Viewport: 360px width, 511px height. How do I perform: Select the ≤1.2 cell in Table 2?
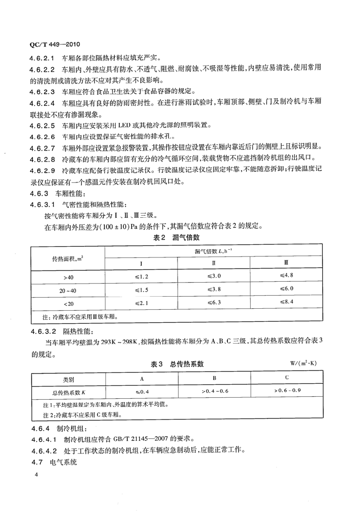click(x=141, y=276)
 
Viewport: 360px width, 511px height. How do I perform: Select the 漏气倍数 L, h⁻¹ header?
click(x=213, y=251)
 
